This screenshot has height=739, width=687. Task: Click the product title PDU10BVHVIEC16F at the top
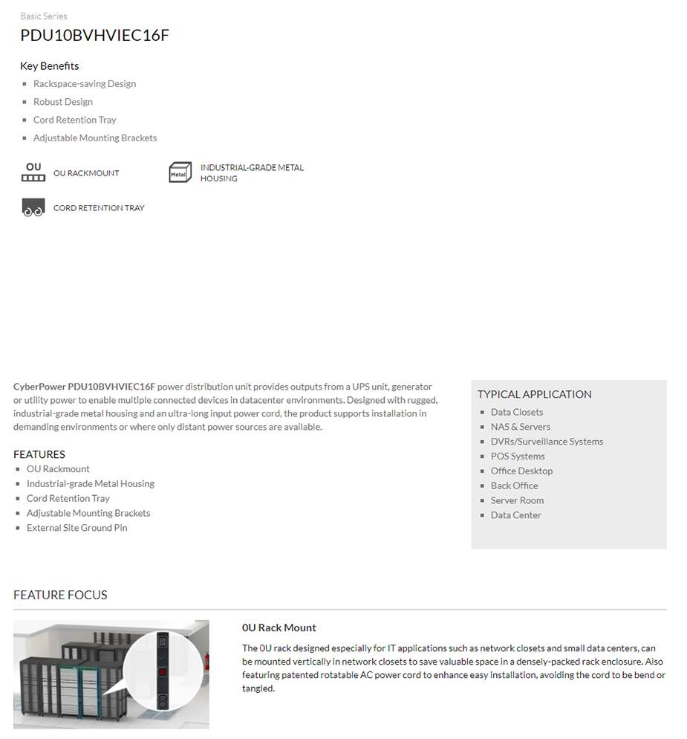click(94, 35)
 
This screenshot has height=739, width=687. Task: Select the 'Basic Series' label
click(44, 16)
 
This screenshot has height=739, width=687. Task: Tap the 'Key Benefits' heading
click(50, 65)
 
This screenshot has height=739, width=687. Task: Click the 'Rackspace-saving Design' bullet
click(84, 84)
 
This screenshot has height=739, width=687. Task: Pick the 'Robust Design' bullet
click(63, 102)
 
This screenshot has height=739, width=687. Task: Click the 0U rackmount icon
click(33, 172)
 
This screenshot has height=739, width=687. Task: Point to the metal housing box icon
click(180, 172)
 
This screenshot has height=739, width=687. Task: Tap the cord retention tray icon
click(33, 208)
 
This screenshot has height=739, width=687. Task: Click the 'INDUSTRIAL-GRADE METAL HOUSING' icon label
click(252, 172)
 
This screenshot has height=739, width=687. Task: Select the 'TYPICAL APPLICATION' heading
click(535, 394)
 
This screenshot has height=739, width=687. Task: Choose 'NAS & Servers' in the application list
click(520, 427)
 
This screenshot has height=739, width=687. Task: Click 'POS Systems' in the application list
click(518, 456)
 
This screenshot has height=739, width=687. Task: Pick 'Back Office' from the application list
click(514, 485)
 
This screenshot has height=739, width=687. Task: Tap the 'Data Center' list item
click(515, 515)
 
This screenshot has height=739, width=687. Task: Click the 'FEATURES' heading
click(39, 454)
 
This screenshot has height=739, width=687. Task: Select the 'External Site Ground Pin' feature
click(76, 528)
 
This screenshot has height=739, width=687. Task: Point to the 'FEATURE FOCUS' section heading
click(60, 595)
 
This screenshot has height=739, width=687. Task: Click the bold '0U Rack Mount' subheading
click(279, 627)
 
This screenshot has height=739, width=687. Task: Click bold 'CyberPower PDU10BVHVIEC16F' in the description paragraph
click(84, 387)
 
